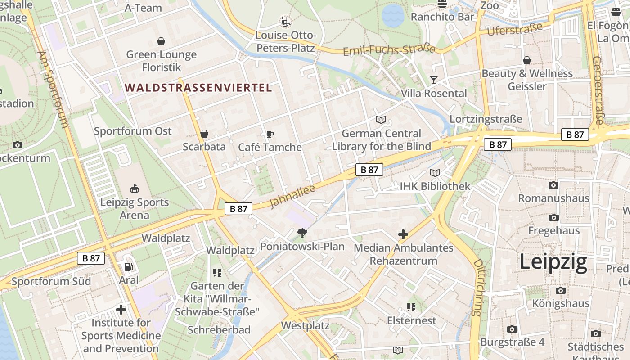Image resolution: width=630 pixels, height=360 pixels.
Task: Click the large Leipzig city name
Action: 553,262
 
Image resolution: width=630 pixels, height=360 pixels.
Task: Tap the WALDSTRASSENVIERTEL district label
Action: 198,88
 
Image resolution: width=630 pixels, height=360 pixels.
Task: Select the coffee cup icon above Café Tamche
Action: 270,134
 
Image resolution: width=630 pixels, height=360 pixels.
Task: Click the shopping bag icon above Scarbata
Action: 204,134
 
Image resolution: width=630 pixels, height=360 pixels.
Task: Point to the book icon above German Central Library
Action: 381,120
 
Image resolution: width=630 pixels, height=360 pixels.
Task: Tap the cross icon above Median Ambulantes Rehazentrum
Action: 403,234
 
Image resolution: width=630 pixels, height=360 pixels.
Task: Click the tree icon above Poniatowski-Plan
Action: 302,233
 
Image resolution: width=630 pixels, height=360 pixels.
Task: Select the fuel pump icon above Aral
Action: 129,267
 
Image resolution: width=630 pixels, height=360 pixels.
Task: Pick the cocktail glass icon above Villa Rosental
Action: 434,80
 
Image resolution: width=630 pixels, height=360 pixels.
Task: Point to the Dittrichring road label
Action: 477,287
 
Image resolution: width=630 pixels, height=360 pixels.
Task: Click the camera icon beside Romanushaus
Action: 553,185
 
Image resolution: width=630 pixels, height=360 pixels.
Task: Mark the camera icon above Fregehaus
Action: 554,218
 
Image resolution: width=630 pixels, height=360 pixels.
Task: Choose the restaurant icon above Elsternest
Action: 411,307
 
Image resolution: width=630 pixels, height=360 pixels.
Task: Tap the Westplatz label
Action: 305,325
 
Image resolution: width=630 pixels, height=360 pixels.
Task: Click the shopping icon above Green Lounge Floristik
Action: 161,42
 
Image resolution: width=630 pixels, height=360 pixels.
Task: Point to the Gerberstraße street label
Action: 598,90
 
